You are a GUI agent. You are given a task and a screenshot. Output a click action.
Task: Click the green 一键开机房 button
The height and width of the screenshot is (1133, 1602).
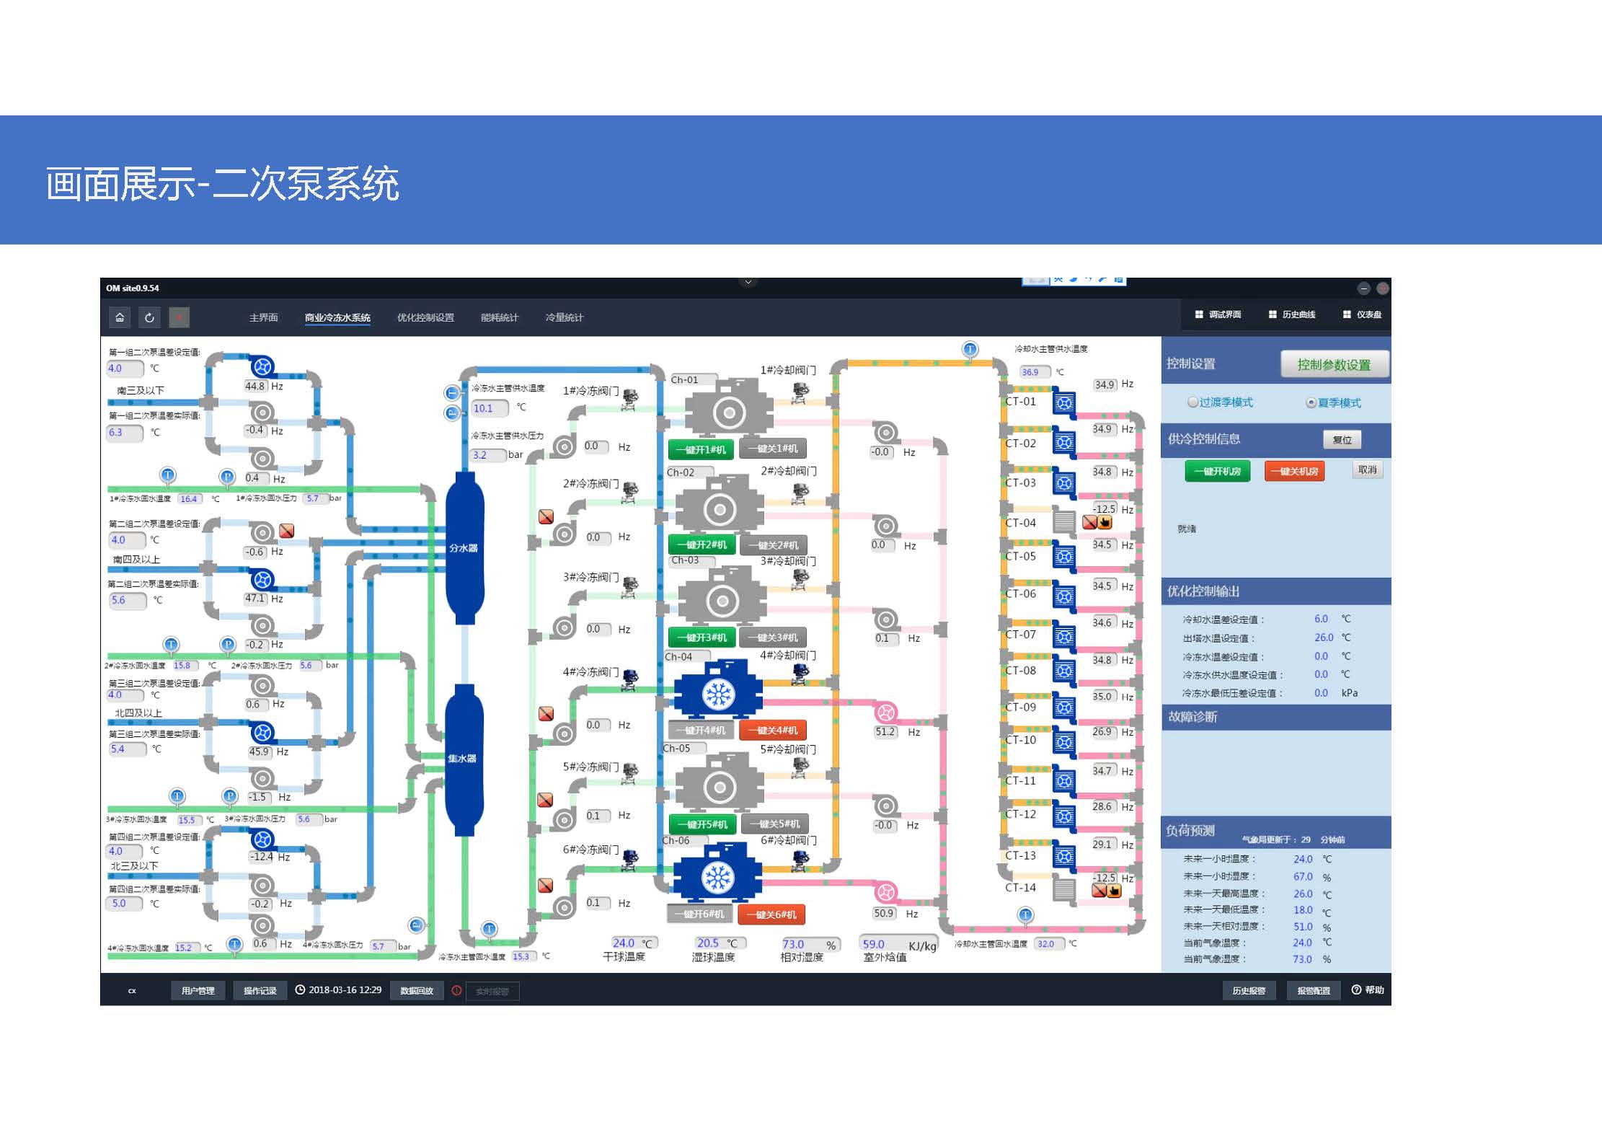(1217, 471)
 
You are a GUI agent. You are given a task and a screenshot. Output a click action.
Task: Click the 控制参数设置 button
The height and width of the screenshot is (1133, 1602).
(1334, 364)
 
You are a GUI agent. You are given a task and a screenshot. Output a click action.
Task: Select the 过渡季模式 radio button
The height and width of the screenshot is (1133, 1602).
(1193, 402)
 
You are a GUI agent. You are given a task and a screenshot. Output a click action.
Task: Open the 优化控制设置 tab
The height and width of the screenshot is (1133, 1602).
(425, 317)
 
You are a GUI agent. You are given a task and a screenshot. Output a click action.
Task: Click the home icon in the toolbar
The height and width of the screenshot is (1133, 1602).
(120, 317)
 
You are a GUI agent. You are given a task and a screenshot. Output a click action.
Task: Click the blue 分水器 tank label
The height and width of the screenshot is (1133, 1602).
(464, 548)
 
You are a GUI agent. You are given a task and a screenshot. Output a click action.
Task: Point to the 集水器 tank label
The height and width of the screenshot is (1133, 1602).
(462, 759)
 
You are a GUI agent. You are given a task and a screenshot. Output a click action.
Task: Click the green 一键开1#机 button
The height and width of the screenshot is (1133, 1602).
(701, 449)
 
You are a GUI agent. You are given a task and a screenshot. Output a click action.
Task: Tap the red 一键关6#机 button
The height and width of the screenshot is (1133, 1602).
(771, 914)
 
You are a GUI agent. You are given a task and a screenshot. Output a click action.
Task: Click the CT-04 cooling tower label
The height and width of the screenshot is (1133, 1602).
(1020, 523)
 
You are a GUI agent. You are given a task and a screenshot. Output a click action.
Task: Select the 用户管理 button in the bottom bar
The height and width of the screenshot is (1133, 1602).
(198, 990)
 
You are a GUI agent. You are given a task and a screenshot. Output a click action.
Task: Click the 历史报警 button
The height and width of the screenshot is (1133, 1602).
(1249, 990)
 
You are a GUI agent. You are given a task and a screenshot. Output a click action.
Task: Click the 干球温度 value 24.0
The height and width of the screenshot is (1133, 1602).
(624, 943)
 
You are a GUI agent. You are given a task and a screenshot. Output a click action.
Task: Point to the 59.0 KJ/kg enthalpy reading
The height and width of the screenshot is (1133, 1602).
(874, 944)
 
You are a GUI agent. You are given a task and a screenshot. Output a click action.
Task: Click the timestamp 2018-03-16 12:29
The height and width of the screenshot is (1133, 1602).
(345, 989)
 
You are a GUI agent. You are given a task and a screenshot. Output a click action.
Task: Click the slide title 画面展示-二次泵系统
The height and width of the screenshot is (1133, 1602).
(222, 183)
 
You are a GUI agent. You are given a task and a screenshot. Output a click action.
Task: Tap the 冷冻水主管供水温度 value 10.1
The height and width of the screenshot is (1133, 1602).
(483, 408)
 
